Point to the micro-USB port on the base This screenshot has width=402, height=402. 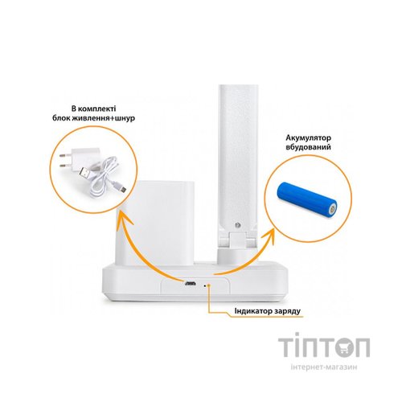point(190,283)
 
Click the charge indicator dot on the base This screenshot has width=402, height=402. point(205,285)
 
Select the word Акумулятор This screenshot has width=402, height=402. point(308,137)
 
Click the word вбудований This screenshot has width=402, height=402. point(308,147)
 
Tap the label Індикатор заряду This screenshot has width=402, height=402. point(268,311)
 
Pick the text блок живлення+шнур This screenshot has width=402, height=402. point(93,118)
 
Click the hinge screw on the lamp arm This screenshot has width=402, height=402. point(236,225)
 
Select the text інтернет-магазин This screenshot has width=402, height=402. point(324,367)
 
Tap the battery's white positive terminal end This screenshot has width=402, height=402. point(333,208)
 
